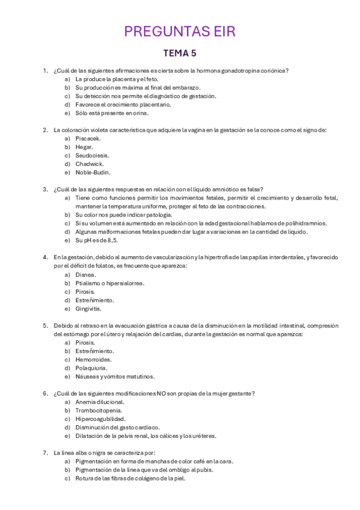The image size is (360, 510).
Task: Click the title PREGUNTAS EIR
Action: [x=180, y=31]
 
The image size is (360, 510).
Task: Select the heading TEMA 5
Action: [x=180, y=54]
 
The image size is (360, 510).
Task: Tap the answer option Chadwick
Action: [x=89, y=164]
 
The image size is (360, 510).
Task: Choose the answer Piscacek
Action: [x=88, y=138]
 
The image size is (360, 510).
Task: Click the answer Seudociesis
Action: [x=92, y=155]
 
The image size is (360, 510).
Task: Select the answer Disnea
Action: [x=85, y=274]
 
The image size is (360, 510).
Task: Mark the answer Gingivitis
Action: [x=88, y=309]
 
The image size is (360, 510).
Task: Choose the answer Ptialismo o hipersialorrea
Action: [x=109, y=283]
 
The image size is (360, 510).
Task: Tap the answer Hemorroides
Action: [x=93, y=360]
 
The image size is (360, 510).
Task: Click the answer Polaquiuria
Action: [x=91, y=368]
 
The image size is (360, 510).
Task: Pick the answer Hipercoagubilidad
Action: [x=100, y=419]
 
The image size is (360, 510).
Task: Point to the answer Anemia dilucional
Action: [x=100, y=402]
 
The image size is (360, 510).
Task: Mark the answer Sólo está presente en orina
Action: [x=111, y=112]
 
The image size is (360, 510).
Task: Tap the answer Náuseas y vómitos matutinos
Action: [x=113, y=376]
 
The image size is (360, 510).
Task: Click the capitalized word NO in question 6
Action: [x=162, y=393]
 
